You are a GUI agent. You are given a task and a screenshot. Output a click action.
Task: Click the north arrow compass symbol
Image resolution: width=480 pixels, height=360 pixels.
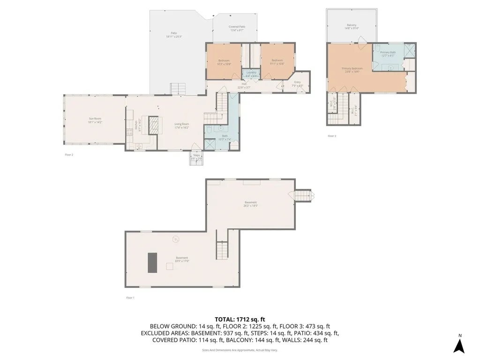pos(460,345)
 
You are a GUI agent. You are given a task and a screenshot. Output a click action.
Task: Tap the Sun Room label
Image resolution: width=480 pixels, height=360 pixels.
pos(95,119)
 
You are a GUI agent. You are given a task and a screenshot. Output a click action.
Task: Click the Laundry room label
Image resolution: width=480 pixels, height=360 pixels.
pos(251,73)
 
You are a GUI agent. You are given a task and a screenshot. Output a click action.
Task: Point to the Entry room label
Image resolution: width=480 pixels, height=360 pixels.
pos(298,82)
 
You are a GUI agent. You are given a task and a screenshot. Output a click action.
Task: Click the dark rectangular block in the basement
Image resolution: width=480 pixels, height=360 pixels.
pos(152,262)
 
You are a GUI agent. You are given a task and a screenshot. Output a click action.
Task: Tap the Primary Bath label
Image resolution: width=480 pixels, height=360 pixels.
pos(388,52)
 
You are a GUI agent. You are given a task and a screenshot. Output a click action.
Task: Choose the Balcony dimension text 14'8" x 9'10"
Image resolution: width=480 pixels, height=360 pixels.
pos(352,28)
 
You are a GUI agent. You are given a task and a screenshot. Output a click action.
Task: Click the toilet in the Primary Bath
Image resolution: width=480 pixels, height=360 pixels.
pos(377,48)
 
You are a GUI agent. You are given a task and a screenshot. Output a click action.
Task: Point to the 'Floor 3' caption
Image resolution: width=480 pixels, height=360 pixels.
pos(332,136)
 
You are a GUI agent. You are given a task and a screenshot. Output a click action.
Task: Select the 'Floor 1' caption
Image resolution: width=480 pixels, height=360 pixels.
pos(130,298)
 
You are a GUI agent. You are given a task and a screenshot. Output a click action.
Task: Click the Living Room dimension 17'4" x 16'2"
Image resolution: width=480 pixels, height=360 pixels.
pos(182,127)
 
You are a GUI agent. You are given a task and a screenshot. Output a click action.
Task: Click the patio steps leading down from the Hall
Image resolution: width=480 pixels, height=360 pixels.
pos(178,88)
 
